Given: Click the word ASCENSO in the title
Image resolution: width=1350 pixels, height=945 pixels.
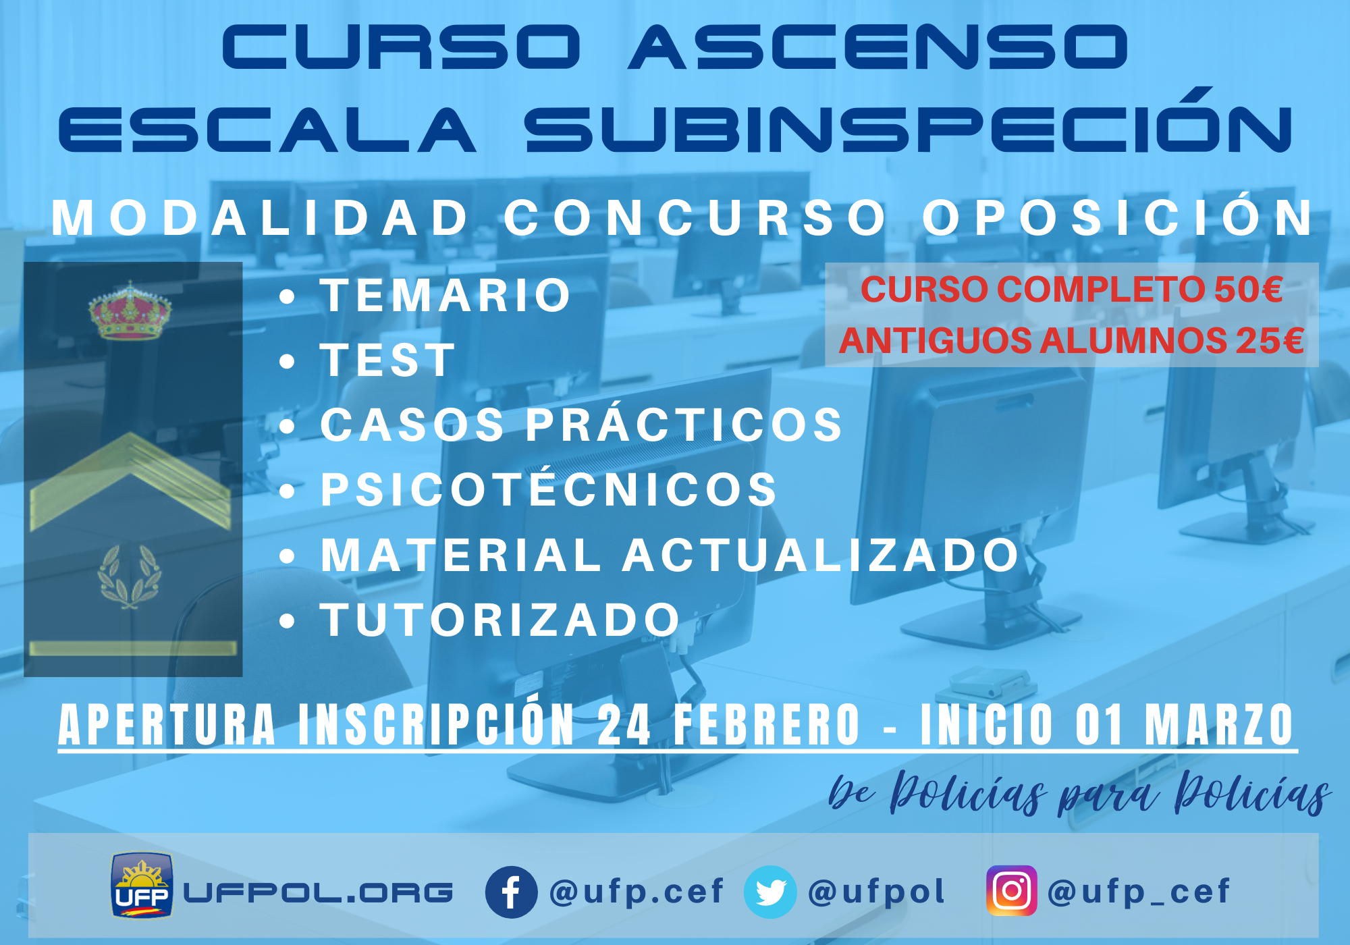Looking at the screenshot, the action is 878,47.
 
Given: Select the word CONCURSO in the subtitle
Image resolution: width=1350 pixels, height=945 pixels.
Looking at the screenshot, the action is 695,218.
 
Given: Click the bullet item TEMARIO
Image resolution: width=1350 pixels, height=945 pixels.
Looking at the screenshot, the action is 446,296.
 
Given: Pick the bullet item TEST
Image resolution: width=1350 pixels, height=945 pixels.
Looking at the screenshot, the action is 388,360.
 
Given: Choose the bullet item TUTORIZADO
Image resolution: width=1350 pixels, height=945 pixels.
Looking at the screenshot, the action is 500,620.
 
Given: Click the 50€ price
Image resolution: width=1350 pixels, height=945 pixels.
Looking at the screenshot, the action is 1249,290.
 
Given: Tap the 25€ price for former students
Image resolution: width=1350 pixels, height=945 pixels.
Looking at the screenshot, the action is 1270,340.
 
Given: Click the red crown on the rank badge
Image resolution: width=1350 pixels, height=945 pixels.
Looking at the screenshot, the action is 130,310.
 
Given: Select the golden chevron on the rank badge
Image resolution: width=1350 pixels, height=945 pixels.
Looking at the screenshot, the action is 130,481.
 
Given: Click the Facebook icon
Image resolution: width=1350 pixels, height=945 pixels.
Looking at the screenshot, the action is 511,892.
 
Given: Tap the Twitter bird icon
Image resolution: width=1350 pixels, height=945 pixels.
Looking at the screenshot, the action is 770,892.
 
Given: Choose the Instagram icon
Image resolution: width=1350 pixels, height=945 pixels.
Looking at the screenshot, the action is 1011,891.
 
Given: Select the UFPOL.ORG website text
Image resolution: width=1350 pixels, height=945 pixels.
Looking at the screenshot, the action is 318,893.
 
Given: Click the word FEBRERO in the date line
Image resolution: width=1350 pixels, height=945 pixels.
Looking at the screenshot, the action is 767,724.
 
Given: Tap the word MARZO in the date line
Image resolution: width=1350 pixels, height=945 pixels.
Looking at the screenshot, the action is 1219,724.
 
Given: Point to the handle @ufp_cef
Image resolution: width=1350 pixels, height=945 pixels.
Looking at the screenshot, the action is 1138,892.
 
